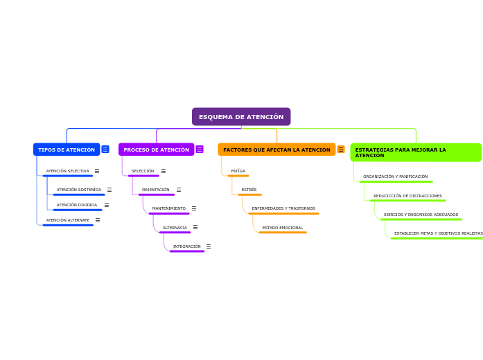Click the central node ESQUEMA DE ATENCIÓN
tap(241, 117)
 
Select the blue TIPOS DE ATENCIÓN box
tap(67, 150)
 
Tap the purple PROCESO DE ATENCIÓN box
tap(156, 150)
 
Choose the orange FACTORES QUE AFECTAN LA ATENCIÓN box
tap(276, 150)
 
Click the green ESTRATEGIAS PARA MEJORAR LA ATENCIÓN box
tap(415, 152)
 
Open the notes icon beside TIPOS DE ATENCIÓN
tap(105, 150)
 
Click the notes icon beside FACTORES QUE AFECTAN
tap(341, 150)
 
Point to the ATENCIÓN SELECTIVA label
tap(67, 171)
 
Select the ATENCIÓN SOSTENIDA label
tap(78, 190)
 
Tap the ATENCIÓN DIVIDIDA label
tap(76, 205)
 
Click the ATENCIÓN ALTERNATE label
tap(67, 220)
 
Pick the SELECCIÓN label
tap(143, 171)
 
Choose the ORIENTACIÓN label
tap(155, 190)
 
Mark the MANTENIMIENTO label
tap(168, 208)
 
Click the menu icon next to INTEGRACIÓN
tap(209, 246)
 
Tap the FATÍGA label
tap(238, 171)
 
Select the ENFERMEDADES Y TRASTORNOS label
tap(283, 208)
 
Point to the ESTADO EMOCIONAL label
tap(282, 228)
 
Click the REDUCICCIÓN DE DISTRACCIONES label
tap(407, 196)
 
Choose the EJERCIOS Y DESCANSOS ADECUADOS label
tap(421, 215)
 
